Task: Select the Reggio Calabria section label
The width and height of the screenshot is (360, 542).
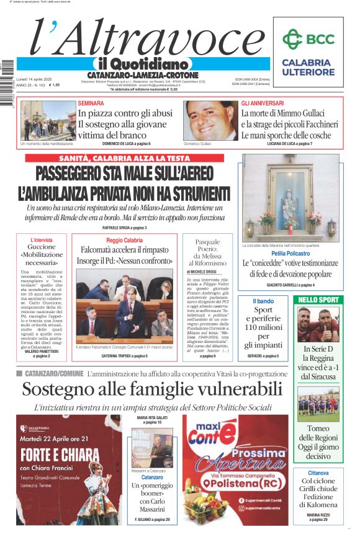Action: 124,240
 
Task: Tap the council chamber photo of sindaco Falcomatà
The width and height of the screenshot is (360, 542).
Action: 124,309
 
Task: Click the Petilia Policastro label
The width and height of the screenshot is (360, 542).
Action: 290,254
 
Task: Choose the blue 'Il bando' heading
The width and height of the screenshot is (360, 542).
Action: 263,301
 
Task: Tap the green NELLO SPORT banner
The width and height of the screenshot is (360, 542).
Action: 318,300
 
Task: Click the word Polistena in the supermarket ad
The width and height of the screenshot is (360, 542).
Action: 245,483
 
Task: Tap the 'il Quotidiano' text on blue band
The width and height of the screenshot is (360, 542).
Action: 142,64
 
